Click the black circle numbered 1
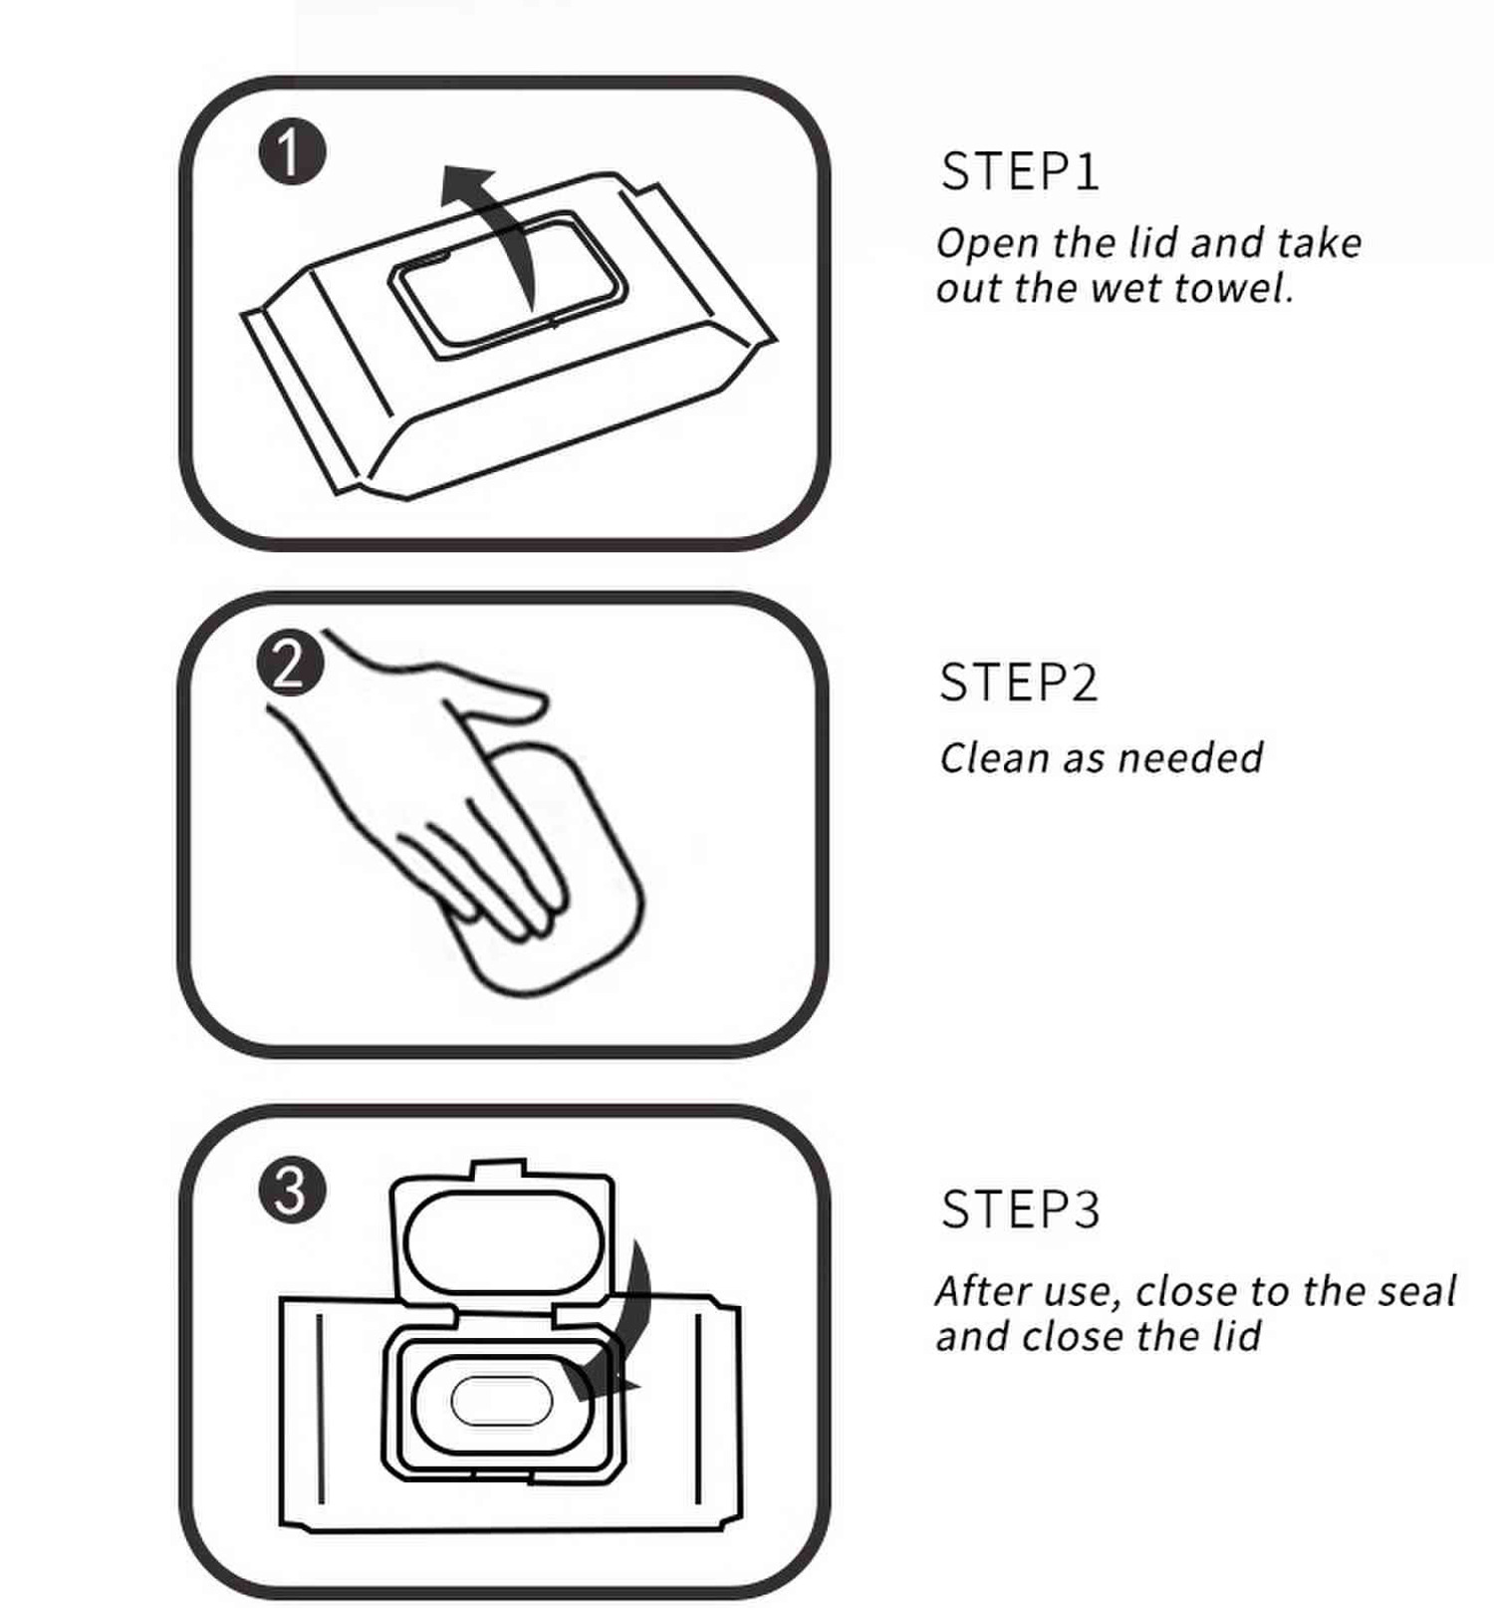click(292, 153)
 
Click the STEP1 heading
click(1020, 171)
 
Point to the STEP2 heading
click(1018, 683)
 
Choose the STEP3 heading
click(1020, 1209)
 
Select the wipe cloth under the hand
click(588, 897)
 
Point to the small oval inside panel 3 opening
click(501, 1400)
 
